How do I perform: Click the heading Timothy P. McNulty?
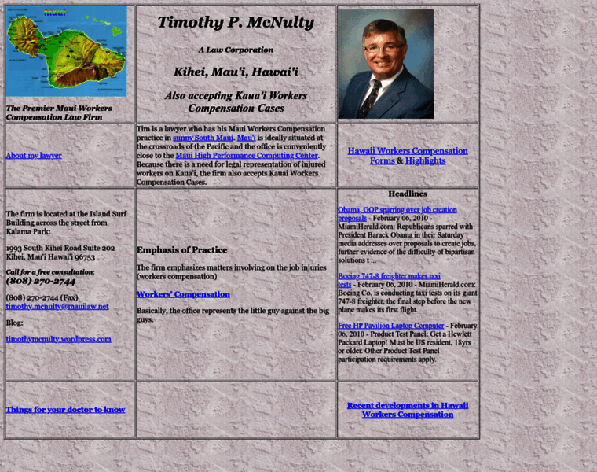point(236,22)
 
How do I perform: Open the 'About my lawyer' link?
point(34,155)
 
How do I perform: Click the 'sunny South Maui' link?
point(202,137)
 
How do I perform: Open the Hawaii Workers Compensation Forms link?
point(407,151)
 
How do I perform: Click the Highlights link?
point(425,160)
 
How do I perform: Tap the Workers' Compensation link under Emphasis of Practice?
point(183,293)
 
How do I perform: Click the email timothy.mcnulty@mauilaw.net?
point(57,306)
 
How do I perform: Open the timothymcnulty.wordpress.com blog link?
point(58,338)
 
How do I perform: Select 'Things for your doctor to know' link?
point(65,409)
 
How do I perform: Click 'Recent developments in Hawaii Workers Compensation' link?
point(408,409)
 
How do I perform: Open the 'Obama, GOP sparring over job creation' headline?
point(397,210)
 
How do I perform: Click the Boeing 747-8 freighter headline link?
point(389,276)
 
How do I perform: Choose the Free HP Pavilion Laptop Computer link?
point(391,325)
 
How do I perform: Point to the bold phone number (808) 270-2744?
point(41,281)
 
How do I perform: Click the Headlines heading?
point(408,194)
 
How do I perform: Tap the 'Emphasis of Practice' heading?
point(182,250)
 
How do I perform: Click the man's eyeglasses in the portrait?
point(383,48)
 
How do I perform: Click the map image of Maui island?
point(66,51)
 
